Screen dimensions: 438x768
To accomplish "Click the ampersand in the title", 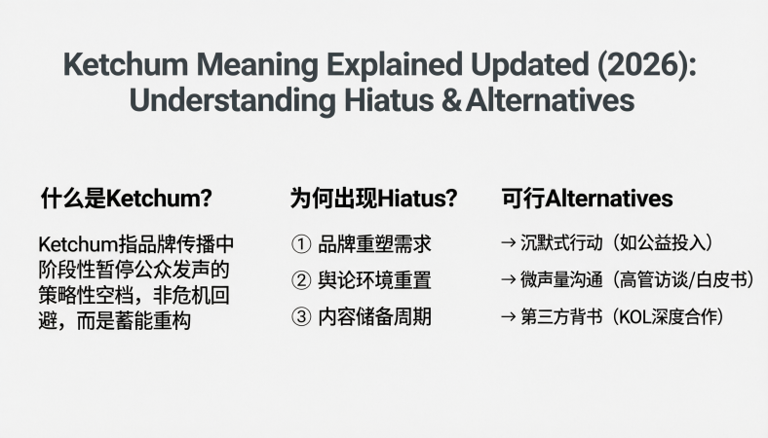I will (x=450, y=99).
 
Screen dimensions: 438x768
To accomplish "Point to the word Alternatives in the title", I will (x=550, y=99).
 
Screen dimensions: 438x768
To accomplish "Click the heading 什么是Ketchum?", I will (x=126, y=199).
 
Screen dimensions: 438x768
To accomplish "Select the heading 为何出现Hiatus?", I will (x=373, y=199).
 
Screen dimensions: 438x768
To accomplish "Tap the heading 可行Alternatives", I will (x=587, y=199).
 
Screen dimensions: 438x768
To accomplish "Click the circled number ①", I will (x=300, y=244).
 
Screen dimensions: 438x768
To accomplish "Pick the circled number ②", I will (x=300, y=280).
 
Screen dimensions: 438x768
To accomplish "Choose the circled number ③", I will (x=300, y=316).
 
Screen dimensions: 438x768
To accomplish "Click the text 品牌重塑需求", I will (x=375, y=244).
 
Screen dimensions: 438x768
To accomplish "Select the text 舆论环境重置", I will (x=375, y=280).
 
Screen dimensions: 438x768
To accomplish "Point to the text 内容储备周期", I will (x=375, y=316).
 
